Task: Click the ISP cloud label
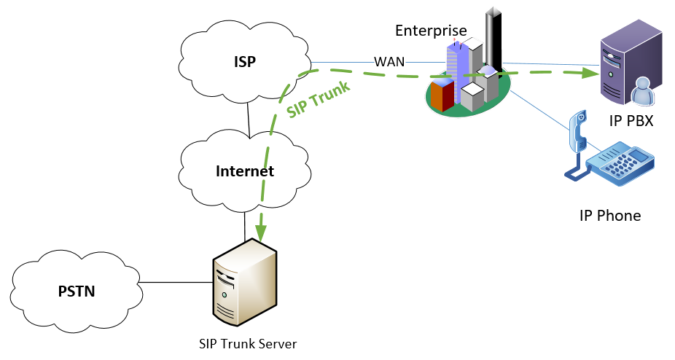[245, 62]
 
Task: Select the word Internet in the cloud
[245, 172]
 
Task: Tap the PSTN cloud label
[77, 292]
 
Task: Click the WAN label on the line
[390, 61]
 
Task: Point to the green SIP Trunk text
[318, 99]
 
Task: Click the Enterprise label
[431, 30]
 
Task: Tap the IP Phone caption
[610, 216]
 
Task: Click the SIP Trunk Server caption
[248, 343]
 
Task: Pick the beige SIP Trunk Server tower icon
[244, 285]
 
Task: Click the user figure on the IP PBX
[644, 91]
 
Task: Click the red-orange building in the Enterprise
[441, 95]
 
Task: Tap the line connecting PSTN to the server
[175, 283]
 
